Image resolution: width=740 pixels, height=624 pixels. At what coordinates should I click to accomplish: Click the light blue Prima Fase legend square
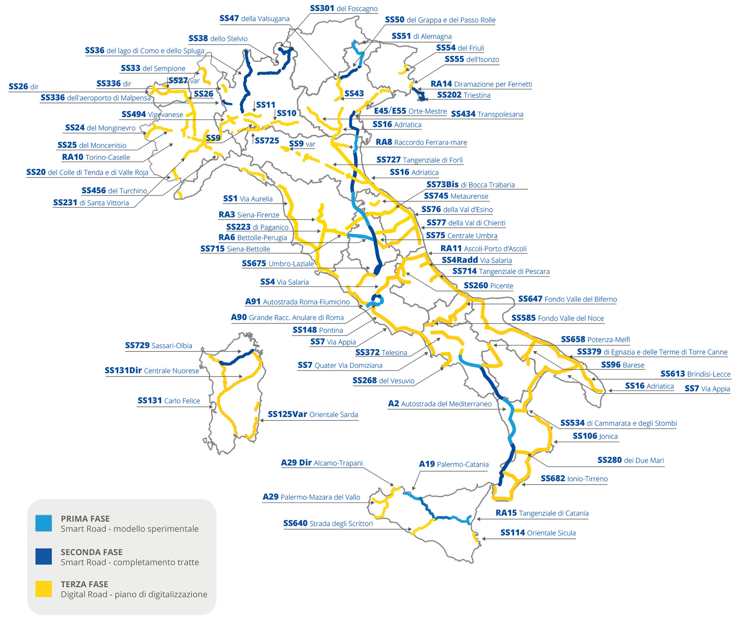(x=44, y=523)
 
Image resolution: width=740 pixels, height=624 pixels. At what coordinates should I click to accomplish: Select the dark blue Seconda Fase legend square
(x=44, y=556)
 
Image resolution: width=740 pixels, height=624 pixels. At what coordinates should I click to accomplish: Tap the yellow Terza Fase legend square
(x=44, y=589)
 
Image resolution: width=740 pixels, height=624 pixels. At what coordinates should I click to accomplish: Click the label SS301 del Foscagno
(x=343, y=8)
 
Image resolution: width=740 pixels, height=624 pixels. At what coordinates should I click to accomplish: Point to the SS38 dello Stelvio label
(x=218, y=39)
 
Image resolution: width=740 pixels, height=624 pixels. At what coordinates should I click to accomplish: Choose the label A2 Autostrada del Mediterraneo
(x=439, y=404)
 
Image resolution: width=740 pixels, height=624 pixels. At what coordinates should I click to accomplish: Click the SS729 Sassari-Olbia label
(x=158, y=346)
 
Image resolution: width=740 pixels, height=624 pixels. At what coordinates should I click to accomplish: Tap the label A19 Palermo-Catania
(x=454, y=464)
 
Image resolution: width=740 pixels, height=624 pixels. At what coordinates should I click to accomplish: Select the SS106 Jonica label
(x=595, y=436)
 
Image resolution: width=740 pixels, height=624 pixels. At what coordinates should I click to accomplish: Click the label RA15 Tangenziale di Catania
(x=542, y=513)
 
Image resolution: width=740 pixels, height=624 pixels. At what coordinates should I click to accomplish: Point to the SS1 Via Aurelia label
(x=248, y=199)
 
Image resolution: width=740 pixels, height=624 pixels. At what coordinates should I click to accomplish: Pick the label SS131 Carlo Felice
(x=169, y=401)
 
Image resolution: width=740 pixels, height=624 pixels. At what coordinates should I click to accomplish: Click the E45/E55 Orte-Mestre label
(x=410, y=111)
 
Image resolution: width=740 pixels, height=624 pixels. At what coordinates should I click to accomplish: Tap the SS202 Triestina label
(x=463, y=95)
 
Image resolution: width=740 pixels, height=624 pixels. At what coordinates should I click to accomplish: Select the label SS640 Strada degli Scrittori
(x=328, y=523)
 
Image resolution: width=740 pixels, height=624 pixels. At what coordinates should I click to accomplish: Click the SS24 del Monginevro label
(x=100, y=128)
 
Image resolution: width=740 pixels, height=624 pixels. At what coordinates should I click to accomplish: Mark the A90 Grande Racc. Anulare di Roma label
(x=287, y=317)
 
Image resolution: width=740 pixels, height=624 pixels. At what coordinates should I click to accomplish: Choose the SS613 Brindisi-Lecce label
(x=695, y=374)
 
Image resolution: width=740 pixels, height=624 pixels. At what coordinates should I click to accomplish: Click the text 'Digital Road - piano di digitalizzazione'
(x=134, y=594)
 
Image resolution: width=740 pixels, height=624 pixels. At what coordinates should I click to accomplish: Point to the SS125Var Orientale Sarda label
(x=313, y=414)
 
